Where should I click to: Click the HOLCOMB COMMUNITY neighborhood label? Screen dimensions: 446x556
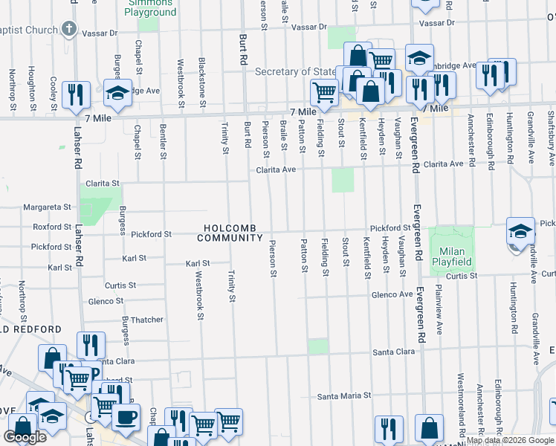point(230,232)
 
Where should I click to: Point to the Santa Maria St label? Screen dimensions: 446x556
point(343,396)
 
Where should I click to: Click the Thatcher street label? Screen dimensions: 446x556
point(147,320)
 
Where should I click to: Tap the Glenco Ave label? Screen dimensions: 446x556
point(392,294)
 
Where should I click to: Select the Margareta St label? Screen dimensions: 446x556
point(46,207)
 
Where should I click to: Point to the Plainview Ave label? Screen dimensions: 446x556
point(439,308)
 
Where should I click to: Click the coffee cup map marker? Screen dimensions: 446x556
point(126,416)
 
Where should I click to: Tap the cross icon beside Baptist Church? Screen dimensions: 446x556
point(68,30)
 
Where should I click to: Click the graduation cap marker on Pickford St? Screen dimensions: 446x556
point(520,230)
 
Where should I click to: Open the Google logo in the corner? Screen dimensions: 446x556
point(25,437)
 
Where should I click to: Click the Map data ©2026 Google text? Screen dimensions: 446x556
point(510,440)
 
